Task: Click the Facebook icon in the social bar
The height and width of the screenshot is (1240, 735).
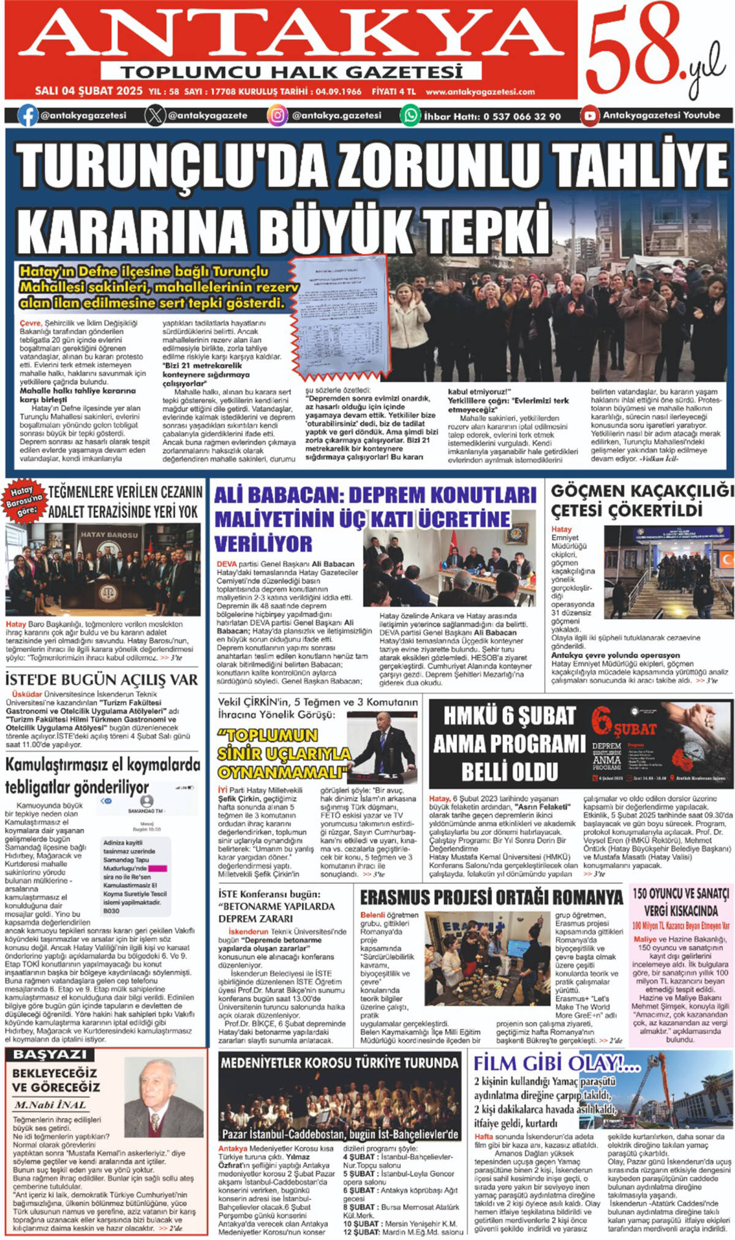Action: tap(28, 115)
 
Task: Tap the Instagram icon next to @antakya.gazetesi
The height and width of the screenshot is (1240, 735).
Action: tap(277, 115)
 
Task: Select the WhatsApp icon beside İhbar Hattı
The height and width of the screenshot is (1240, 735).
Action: tap(410, 115)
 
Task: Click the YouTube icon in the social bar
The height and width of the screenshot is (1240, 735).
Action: tap(590, 115)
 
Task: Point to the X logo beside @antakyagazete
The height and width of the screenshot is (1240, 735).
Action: tap(155, 115)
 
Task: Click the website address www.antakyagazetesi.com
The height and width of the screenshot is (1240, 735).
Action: tap(480, 92)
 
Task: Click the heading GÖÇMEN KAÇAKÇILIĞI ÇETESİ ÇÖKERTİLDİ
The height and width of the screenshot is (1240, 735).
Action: tap(641, 500)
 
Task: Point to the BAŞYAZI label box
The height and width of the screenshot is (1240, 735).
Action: tap(50, 1054)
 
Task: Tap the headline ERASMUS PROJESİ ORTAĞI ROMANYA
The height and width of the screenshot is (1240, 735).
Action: tap(491, 897)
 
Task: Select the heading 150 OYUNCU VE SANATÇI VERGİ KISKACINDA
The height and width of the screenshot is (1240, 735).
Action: tap(680, 902)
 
